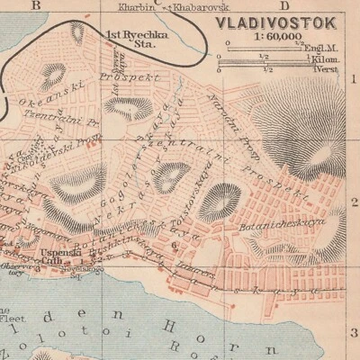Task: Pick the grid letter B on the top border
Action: pos(37,4)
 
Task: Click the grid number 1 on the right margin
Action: pos(352,79)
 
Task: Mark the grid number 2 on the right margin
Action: pos(352,203)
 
